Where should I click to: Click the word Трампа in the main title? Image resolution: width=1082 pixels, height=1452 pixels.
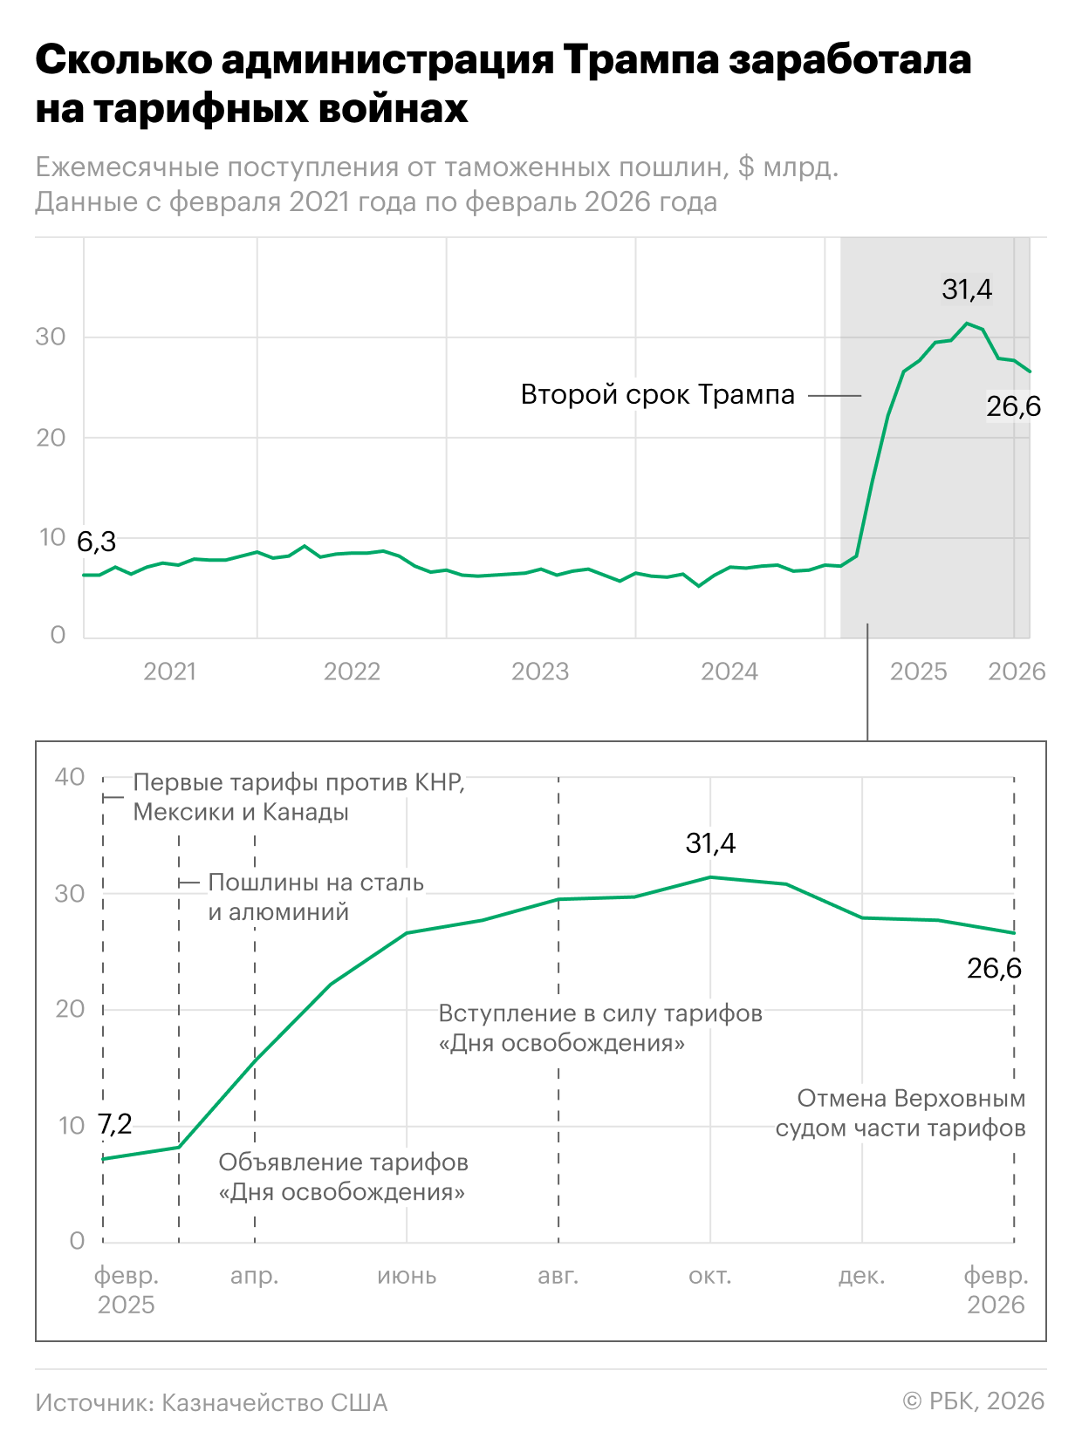coord(640,60)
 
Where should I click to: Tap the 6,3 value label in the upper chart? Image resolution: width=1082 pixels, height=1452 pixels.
coord(96,542)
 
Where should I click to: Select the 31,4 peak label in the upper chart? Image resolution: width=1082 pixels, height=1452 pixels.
coord(967,290)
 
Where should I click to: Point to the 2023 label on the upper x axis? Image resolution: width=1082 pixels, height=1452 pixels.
coord(540,671)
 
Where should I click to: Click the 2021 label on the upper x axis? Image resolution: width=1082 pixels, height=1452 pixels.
coord(169,671)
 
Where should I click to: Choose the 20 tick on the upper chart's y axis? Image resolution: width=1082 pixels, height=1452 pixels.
coord(51,438)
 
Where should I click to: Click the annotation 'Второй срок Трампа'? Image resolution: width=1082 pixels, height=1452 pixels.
coord(657,395)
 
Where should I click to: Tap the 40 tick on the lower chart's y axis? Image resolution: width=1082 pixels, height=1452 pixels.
coord(70,777)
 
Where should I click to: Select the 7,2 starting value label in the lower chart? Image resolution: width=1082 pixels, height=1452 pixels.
coord(114,1124)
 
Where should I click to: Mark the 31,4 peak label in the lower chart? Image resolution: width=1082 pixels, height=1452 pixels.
coord(710,843)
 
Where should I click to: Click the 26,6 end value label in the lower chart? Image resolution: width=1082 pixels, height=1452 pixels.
coord(994,968)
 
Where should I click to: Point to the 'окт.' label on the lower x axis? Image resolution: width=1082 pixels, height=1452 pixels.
coord(710,1276)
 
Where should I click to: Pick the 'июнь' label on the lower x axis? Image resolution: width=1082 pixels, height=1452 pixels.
coord(407,1276)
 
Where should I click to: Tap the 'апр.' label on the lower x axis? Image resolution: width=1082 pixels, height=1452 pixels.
coord(255,1276)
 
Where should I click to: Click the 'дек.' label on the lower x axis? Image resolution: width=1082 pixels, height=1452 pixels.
coord(862,1276)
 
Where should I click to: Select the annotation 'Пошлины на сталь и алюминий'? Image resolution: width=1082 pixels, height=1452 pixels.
coord(315,897)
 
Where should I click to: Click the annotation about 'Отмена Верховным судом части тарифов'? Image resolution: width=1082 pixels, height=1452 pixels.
coord(901,1113)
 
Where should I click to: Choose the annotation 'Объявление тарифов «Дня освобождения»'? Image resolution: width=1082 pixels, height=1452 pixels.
coord(343,1177)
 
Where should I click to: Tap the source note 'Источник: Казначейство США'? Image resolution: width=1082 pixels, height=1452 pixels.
coord(211,1402)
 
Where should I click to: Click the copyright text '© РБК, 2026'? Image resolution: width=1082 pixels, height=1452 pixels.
coord(973,1401)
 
